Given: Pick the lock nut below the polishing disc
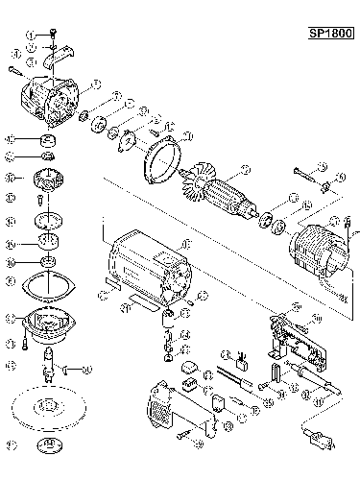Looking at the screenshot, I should coord(46,446).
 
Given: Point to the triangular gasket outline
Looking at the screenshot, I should coord(46,284).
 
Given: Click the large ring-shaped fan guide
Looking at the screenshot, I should coord(163,159).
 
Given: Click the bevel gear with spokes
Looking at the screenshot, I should coord(45,180).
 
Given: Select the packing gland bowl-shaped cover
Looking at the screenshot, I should coord(46,323).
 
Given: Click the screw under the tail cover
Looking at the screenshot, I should coord(183,436).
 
